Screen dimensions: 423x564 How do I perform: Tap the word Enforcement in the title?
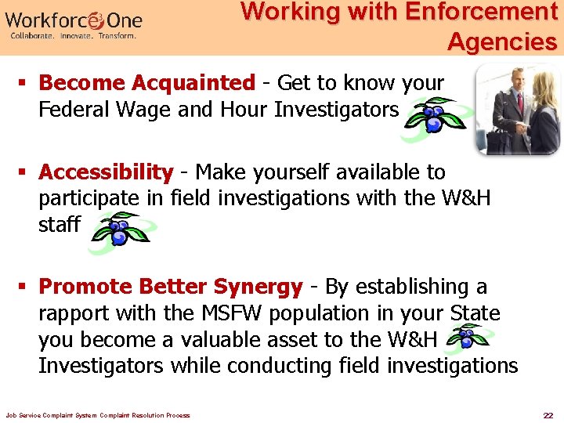(x=481, y=13)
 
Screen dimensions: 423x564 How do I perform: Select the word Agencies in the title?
(x=501, y=42)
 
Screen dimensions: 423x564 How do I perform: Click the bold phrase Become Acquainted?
(x=146, y=83)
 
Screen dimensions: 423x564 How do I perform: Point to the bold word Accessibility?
(x=106, y=172)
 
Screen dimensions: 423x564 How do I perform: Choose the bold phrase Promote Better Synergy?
(x=170, y=287)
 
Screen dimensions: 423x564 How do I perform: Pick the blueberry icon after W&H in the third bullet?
(x=468, y=338)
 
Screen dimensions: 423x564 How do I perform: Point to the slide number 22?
(x=548, y=414)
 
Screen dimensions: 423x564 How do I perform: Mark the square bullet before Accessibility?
(x=25, y=172)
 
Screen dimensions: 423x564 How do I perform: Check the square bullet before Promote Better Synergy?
(x=25, y=287)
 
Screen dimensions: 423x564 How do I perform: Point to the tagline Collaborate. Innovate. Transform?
(x=73, y=36)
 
